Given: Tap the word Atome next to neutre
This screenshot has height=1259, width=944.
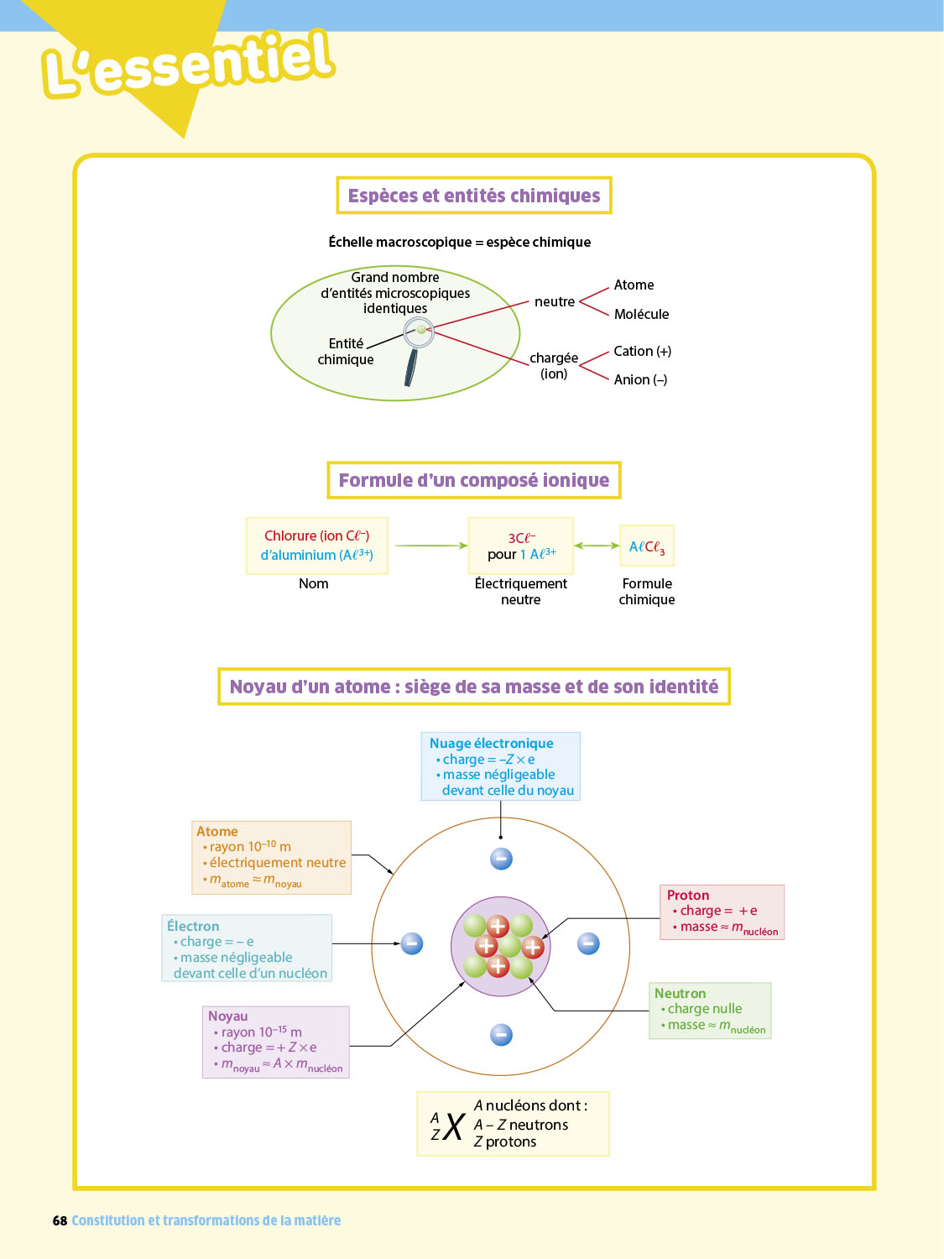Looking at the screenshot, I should (x=634, y=285).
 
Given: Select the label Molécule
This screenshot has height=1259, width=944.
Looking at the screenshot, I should (x=641, y=314).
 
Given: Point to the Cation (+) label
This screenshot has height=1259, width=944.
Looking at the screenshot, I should (x=642, y=351).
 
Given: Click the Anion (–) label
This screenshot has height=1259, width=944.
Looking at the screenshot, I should (x=640, y=379).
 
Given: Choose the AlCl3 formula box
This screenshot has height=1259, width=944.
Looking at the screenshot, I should (x=647, y=547).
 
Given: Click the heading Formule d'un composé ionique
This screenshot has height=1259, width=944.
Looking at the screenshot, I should (x=474, y=480).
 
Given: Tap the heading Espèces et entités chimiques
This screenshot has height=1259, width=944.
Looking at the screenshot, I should (x=474, y=196).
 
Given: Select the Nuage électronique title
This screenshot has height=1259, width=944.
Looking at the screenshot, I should (x=491, y=743).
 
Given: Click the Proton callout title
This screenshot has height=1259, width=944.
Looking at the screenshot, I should (x=688, y=895).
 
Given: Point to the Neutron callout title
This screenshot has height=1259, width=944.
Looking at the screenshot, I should (x=680, y=993).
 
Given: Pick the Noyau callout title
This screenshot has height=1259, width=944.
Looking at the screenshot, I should (x=227, y=1016).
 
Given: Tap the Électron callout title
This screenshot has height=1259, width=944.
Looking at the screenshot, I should (x=193, y=926).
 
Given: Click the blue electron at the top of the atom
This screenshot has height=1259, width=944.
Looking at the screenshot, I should (x=501, y=859).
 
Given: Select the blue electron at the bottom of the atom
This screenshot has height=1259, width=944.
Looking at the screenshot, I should (x=501, y=1035).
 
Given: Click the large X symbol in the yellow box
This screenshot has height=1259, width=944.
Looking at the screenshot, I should (x=454, y=1126).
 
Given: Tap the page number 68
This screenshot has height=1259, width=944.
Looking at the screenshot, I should (x=60, y=1220).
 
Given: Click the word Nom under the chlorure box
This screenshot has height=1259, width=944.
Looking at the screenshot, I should (x=314, y=583).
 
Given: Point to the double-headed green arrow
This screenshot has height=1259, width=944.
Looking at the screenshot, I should (x=597, y=546).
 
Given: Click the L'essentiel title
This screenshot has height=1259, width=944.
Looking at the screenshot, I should (x=189, y=63).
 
